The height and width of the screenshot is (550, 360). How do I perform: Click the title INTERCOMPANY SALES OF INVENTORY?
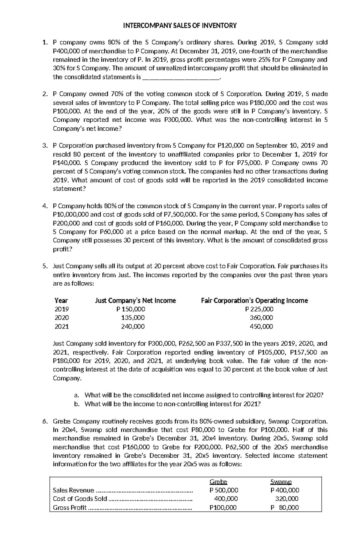(x=180, y=25)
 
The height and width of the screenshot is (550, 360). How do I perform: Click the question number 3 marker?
(x=45, y=146)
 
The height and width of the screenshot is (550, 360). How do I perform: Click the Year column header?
(x=61, y=301)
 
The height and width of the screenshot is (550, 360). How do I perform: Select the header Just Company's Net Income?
(x=135, y=301)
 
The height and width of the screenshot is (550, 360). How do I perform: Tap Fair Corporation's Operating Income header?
(x=254, y=301)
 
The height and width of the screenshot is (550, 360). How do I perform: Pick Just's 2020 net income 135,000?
(x=133, y=318)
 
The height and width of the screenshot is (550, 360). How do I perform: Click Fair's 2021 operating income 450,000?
(x=262, y=326)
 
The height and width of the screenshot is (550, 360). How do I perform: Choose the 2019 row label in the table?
(x=61, y=309)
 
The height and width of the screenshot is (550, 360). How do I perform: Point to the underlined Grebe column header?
(x=218, y=482)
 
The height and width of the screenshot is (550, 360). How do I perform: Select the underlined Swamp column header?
(x=281, y=482)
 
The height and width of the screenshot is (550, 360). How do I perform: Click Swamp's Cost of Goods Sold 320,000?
(x=287, y=499)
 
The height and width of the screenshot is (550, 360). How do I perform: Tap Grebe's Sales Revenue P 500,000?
(x=224, y=490)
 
